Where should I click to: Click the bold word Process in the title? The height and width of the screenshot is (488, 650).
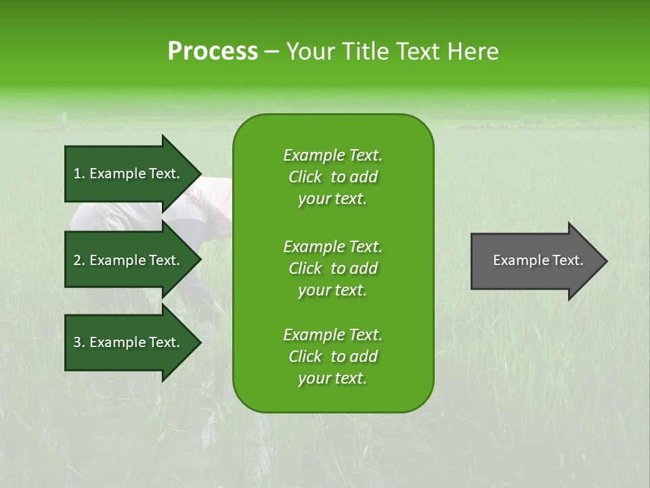213,52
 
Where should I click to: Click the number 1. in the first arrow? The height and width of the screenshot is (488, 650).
79,174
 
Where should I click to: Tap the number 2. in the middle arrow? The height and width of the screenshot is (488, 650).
79,260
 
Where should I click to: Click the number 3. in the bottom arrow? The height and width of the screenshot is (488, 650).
79,342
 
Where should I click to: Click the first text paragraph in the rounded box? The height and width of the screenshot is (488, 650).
332,177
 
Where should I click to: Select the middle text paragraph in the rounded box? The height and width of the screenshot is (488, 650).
332,268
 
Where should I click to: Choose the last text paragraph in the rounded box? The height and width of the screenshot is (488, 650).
332,357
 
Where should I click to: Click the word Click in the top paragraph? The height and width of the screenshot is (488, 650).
305,177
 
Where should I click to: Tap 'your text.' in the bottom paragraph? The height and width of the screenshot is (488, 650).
332,379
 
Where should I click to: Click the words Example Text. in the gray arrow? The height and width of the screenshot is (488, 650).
538,260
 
